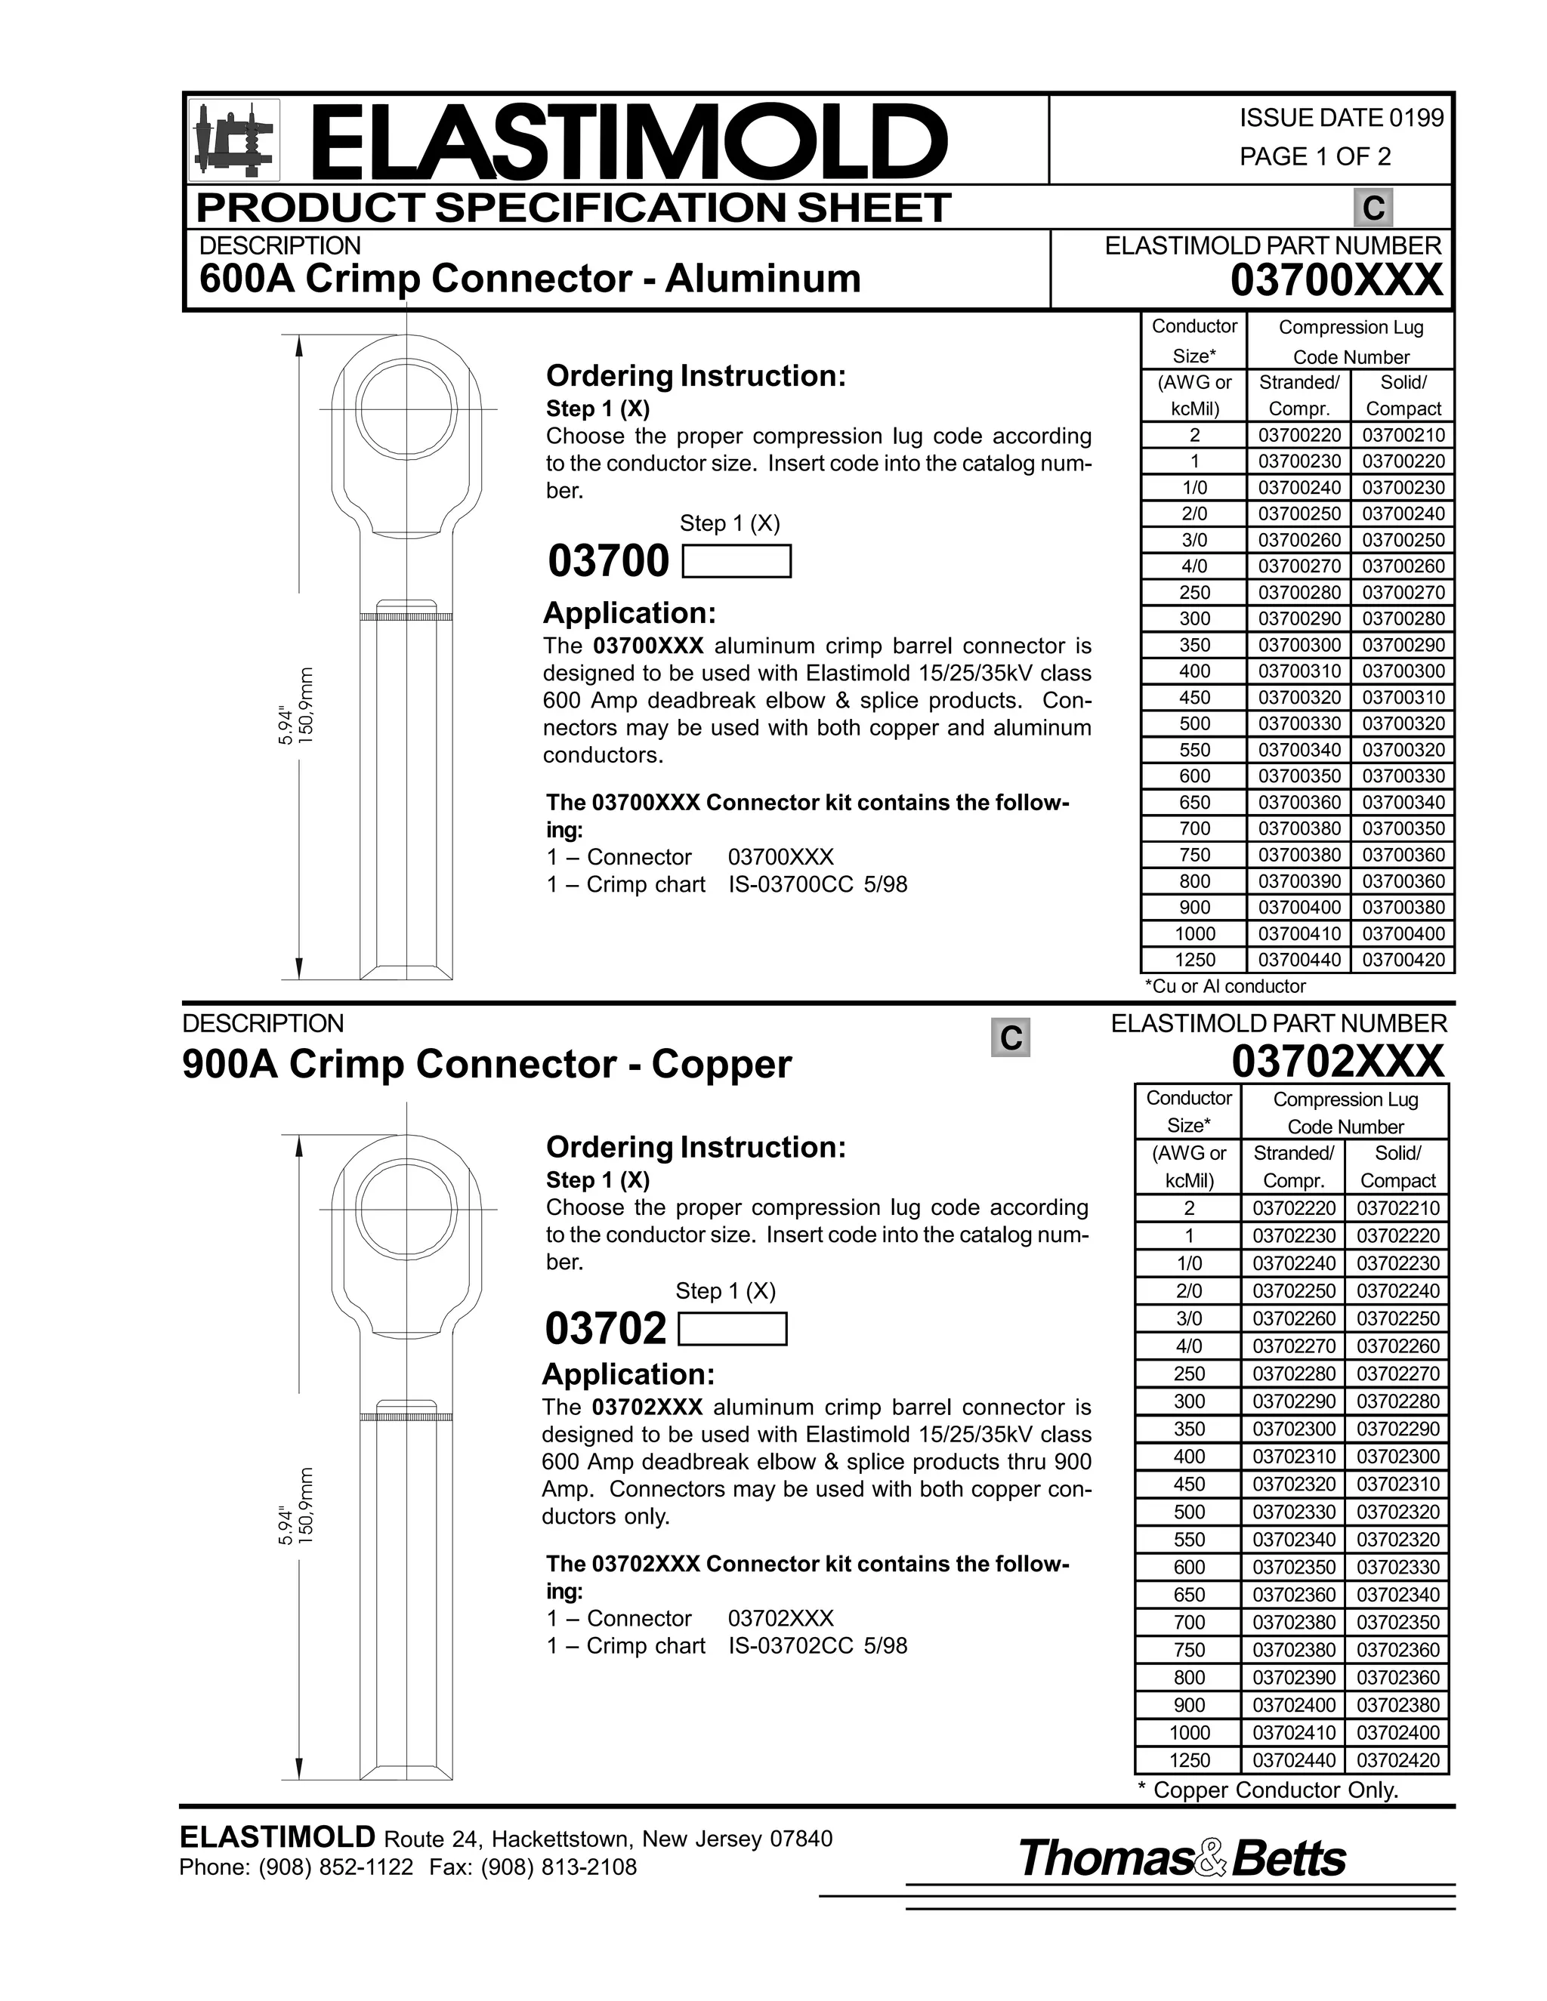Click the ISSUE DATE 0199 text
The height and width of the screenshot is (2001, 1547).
[x=1341, y=119]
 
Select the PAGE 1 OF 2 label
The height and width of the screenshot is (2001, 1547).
[x=1314, y=156]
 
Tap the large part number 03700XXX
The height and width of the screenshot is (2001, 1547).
[x=1335, y=280]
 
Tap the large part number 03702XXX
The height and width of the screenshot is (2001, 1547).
[x=1337, y=1061]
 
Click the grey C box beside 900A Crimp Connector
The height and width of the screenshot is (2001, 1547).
[x=1010, y=1037]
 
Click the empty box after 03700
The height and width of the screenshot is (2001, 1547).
[x=736, y=561]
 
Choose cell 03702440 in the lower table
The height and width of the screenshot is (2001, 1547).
[x=1293, y=1760]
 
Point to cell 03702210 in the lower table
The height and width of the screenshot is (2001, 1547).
[x=1397, y=1208]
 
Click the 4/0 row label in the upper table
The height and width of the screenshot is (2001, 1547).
[x=1194, y=566]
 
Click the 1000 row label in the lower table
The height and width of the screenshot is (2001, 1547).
[x=1189, y=1732]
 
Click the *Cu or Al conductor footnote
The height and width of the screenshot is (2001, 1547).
[x=1224, y=986]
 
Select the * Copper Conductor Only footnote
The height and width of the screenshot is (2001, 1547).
[x=1268, y=1790]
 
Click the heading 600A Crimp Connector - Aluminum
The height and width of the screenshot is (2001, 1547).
[x=530, y=279]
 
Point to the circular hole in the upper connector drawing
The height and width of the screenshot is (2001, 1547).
[x=406, y=407]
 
